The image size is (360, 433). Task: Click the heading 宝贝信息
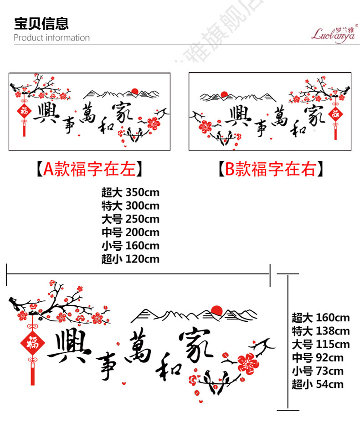pos(41,23)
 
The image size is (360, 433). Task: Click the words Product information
pos(51,38)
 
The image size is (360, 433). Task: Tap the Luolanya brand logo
pos(333,32)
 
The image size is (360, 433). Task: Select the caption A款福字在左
pos(90,169)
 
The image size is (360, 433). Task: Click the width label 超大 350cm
pos(130,192)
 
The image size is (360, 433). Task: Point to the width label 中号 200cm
pos(130,232)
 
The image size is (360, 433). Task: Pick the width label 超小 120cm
pos(130,259)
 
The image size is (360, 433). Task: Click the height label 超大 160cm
pos(320,317)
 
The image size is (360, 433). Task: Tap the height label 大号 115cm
pos(320,344)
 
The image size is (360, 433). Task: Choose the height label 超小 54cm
pos(317,384)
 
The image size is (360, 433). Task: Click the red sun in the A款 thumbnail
pos(134,91)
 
